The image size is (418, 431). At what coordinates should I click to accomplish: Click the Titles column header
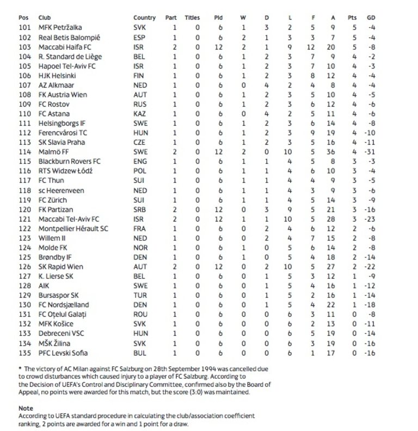[192, 18]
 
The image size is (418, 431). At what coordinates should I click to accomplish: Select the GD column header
[370, 18]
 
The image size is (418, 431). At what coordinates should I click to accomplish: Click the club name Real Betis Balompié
[69, 38]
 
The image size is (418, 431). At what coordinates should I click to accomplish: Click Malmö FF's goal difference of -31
[370, 152]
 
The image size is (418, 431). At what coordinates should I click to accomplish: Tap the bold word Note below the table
[26, 408]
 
